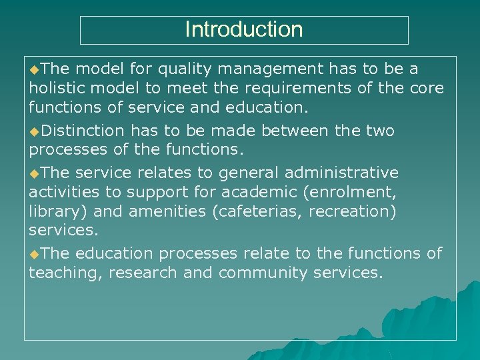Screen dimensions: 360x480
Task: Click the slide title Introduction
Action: click(x=243, y=29)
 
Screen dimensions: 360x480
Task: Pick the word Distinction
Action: click(x=83, y=130)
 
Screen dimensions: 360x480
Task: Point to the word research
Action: click(x=145, y=273)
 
